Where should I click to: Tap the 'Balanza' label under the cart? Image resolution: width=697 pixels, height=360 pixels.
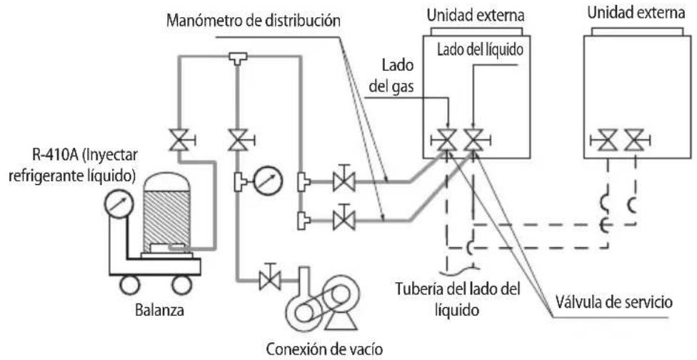point(159,310)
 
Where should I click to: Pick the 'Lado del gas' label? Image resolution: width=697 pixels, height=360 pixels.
point(392,76)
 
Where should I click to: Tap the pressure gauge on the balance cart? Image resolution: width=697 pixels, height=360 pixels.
point(119,205)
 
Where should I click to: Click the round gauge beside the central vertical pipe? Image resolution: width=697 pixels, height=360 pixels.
point(268,181)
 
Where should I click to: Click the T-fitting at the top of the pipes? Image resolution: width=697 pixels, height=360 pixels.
point(238,59)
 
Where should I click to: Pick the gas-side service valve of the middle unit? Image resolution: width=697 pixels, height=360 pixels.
point(446,141)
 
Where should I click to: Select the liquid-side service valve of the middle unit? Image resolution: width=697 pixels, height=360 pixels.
point(474,141)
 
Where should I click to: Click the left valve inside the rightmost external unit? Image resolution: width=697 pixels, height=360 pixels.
point(606,141)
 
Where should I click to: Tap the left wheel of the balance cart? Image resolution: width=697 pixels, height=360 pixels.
point(130,285)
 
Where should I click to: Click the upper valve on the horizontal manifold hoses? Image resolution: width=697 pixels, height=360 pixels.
point(344,181)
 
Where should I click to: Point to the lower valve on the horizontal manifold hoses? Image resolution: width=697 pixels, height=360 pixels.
point(344,219)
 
